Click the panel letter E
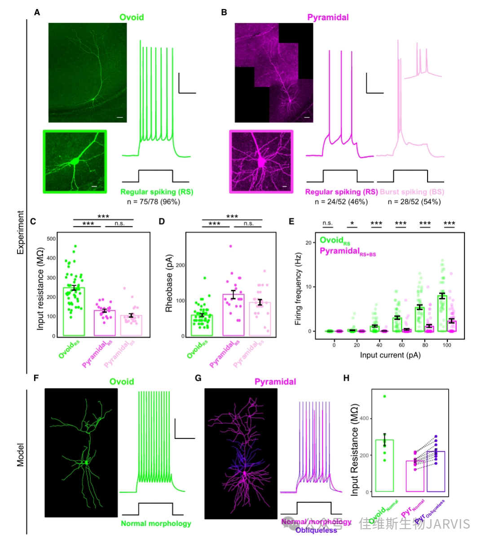coord(291,221)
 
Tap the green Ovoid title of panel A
coord(132,18)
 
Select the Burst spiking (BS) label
coord(412,192)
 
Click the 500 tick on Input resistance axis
coord(51,238)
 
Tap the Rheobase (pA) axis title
coord(169,285)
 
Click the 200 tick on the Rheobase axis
coord(180,265)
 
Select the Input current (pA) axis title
coord(390,355)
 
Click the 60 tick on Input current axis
coord(401,345)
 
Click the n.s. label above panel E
coord(328,223)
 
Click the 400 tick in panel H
coord(362,419)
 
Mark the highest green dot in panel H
coord(384,396)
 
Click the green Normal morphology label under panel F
coord(156,523)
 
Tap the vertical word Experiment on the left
coord(21,232)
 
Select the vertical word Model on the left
coord(21,455)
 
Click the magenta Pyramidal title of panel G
coord(275,382)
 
